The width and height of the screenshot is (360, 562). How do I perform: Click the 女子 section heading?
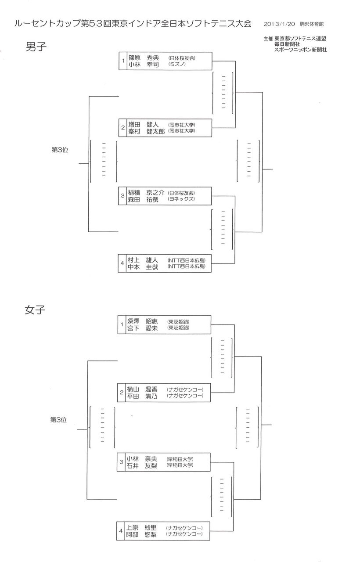click(x=35, y=310)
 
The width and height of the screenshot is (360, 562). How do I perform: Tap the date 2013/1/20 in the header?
click(x=277, y=24)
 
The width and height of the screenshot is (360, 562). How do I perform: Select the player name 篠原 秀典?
click(x=143, y=58)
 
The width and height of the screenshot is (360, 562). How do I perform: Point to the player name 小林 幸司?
click(x=143, y=64)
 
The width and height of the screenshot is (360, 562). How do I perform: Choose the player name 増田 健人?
click(x=143, y=124)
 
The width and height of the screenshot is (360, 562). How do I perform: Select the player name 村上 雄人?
click(x=143, y=260)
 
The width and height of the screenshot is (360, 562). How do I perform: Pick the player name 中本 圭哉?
click(x=143, y=267)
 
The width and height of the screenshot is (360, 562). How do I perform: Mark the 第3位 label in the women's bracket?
click(x=58, y=420)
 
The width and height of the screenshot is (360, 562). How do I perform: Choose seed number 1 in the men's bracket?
click(x=124, y=61)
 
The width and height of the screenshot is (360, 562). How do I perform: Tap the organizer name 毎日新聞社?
click(x=287, y=44)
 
